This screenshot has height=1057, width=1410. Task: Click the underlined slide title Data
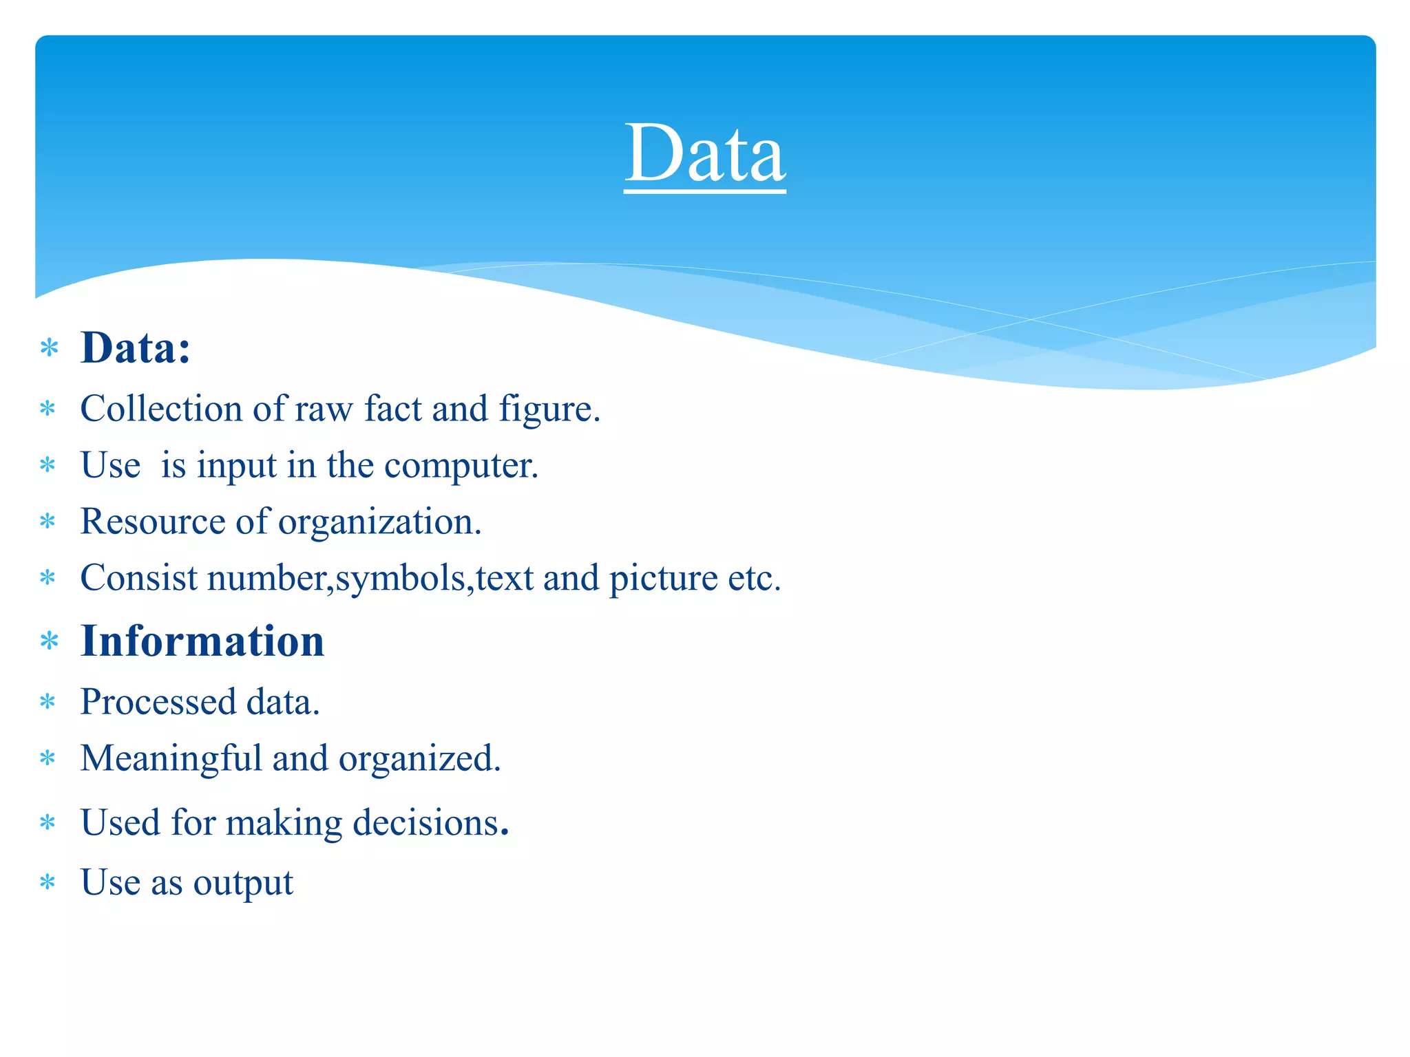pos(704,153)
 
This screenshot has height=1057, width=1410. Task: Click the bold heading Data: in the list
pos(135,348)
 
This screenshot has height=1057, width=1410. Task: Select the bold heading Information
pos(202,641)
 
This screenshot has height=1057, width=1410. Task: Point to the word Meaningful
pos(171,759)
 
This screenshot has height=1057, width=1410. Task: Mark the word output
pos(243,884)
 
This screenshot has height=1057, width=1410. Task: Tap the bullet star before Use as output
pos(48,883)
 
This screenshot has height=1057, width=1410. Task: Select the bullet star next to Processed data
pos(48,703)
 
